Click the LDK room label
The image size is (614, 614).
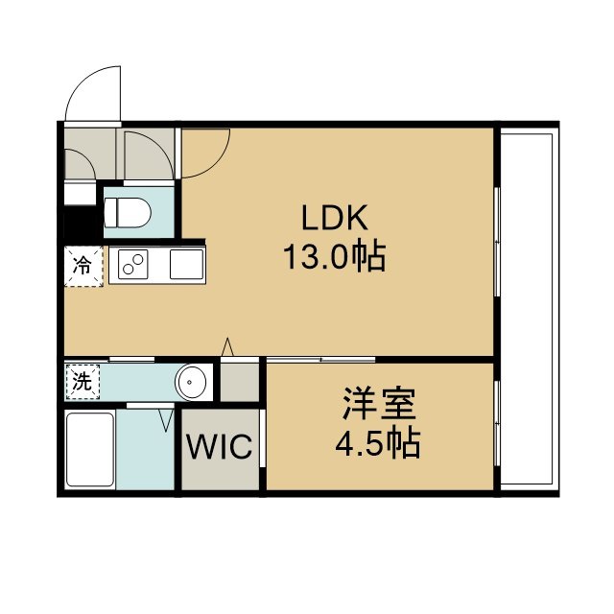335,218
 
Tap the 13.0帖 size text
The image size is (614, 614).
335,257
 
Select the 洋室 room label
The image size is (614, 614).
379,404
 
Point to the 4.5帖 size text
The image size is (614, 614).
378,444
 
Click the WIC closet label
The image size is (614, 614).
220,446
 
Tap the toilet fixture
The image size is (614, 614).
128,212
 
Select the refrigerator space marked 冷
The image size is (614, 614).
83,266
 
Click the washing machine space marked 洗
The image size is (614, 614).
83,382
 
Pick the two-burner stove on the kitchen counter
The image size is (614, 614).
133,265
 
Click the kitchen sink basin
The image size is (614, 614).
187,265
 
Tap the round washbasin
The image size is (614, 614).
190,382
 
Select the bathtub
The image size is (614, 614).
90,450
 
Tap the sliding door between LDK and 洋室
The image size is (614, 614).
321,359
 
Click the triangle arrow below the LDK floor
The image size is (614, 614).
227,346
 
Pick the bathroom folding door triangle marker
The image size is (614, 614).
166,420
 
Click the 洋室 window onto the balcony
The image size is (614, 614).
497,423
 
